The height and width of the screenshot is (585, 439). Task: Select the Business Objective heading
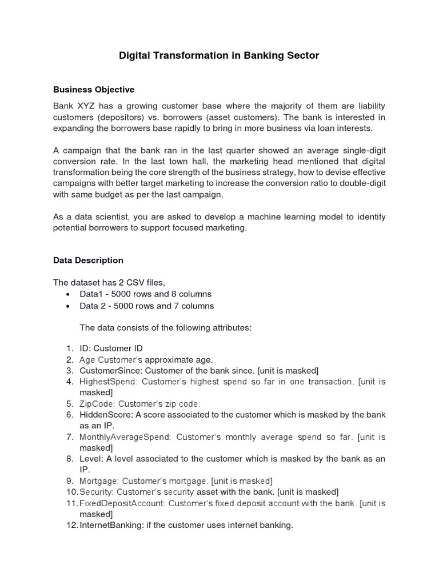(x=94, y=90)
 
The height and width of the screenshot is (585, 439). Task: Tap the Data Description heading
(x=88, y=260)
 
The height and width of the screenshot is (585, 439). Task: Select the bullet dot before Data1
(x=69, y=294)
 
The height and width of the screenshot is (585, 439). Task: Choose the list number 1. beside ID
(x=69, y=348)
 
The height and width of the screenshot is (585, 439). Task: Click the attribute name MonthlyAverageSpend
(x=125, y=437)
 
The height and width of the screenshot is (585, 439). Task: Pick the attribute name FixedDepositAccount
(x=122, y=503)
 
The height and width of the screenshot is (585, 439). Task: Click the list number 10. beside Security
(x=71, y=492)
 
